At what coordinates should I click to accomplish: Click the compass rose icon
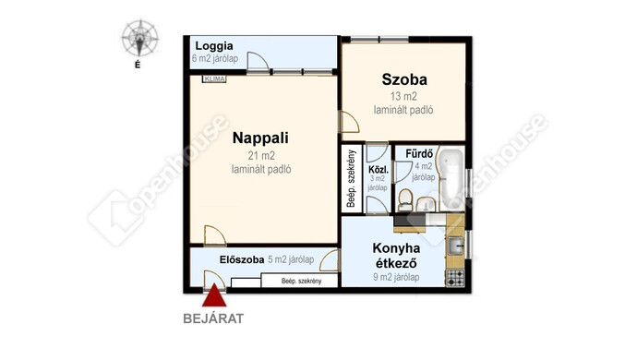coord(139,38)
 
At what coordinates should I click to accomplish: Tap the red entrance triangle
coord(214,295)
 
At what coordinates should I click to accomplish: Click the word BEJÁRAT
coord(213,318)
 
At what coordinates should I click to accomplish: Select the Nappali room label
coord(260,138)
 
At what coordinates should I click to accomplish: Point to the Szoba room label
coord(404,79)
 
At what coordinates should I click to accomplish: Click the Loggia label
coord(214,46)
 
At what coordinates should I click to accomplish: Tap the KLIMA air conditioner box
coord(214,78)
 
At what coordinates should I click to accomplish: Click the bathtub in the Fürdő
coord(451,179)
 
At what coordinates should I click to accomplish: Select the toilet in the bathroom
coord(405,200)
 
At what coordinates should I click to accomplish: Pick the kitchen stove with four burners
coord(455,278)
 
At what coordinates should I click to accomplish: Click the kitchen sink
coord(455,246)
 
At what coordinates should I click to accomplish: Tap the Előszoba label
coord(242,259)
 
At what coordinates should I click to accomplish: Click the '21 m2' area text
coord(261,156)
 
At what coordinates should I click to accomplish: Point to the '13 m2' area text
coord(403,96)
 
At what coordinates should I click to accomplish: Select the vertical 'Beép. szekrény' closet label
coord(351,179)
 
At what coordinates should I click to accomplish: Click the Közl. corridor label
coord(379,170)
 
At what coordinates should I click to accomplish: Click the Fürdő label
coord(419,154)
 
